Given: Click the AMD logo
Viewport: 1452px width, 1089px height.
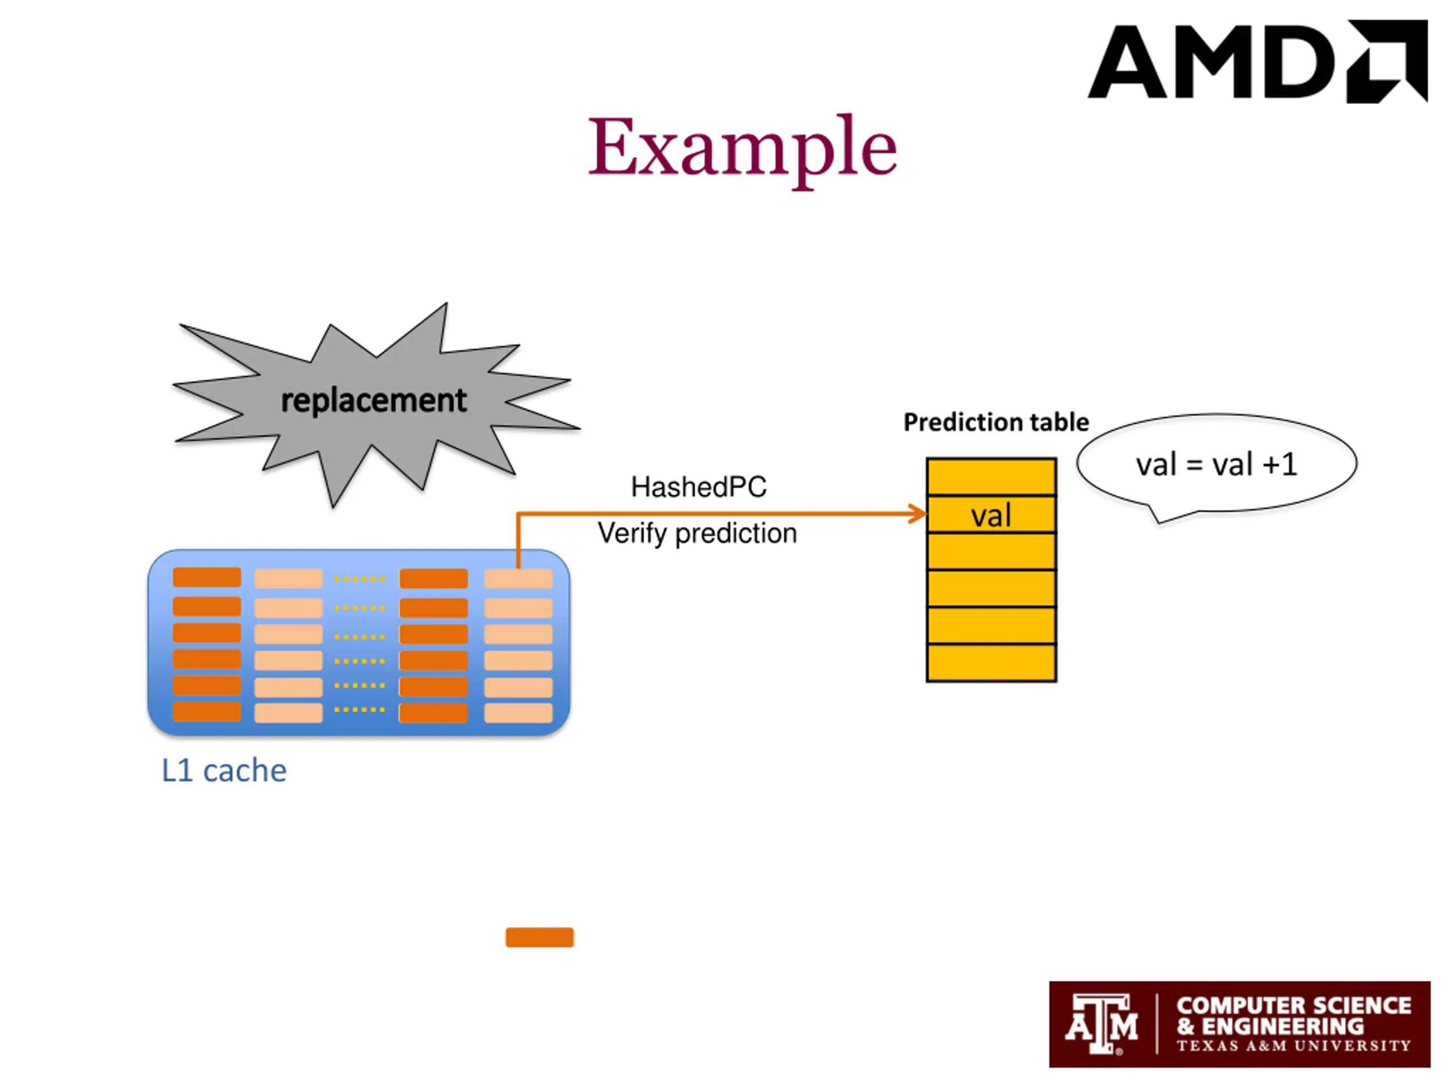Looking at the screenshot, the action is point(1257,61).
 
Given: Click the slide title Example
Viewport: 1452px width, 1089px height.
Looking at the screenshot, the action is point(742,149).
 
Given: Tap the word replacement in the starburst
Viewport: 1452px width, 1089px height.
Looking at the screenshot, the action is point(374,400).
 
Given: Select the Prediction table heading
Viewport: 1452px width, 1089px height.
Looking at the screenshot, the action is point(996,422).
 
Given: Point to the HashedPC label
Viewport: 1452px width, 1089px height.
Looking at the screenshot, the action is point(698,487).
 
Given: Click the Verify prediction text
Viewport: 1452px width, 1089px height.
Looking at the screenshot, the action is point(697,534).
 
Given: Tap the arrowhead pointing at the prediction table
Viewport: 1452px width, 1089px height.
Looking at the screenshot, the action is point(918,513).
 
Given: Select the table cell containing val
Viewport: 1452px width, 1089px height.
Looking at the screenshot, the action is point(991,514).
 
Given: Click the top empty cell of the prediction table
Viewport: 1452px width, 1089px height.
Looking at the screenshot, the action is point(991,476).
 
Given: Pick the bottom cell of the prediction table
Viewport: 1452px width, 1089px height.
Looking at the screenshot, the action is point(991,663).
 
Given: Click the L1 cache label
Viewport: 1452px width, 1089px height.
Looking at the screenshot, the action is point(224,771).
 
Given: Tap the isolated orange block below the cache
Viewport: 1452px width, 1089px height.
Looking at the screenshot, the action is point(539,937).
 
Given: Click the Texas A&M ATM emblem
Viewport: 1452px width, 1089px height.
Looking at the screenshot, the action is point(1101,1024).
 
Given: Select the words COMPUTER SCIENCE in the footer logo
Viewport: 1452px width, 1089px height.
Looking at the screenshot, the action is point(1293,1006).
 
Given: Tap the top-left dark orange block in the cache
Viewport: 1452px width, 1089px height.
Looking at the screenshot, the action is point(207,577).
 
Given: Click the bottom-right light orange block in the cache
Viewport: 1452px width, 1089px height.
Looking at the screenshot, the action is point(518,713).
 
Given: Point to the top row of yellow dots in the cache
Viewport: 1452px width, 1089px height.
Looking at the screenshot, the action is point(359,579).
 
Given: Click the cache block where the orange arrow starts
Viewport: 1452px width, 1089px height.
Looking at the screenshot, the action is point(518,579).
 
